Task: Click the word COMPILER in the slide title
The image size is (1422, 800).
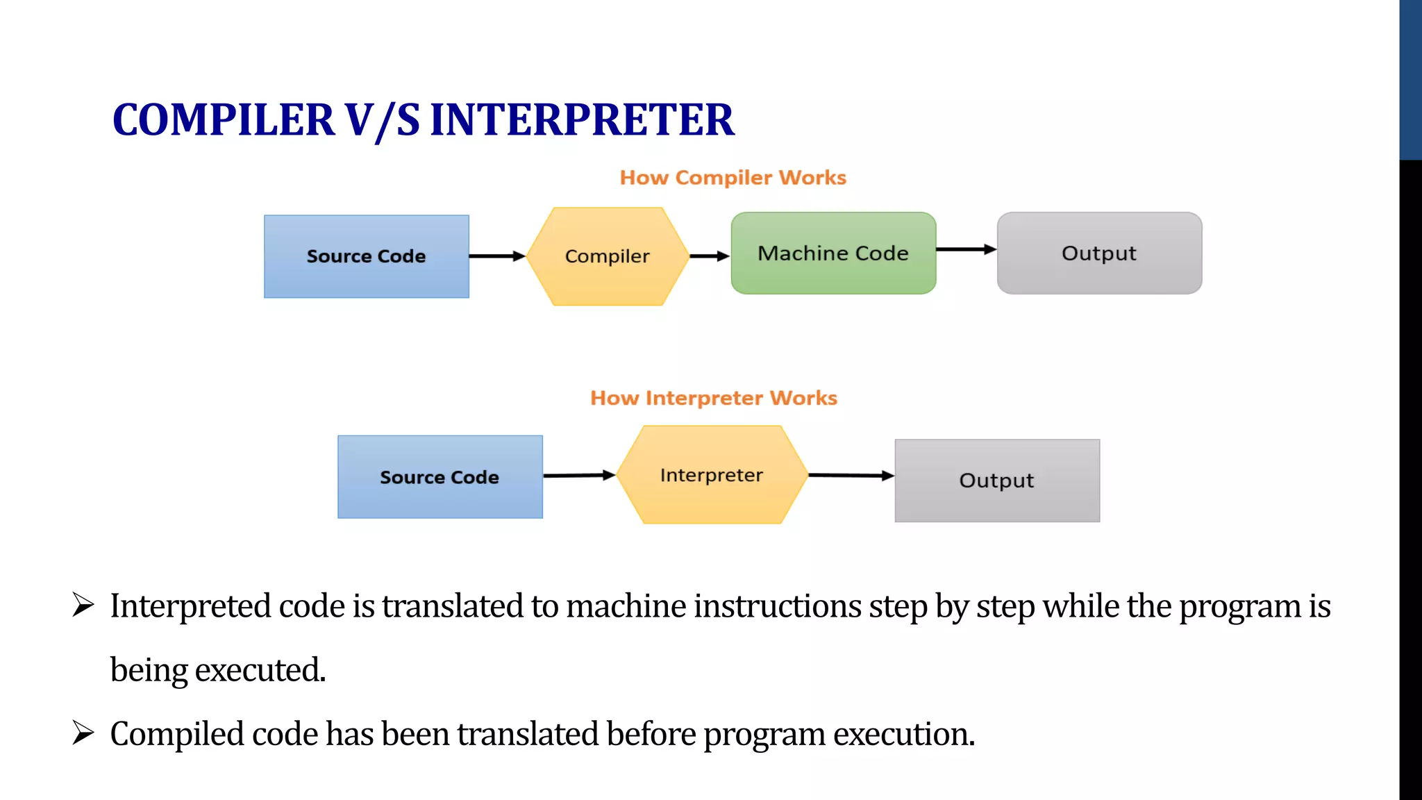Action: point(224,119)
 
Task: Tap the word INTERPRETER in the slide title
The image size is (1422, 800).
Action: point(582,119)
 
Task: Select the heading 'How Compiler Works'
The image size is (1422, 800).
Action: point(733,178)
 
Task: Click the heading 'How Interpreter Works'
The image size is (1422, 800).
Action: point(714,398)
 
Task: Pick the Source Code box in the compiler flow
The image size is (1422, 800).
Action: point(366,256)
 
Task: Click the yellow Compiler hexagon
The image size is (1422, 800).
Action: point(608,256)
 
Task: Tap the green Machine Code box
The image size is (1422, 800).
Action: point(833,253)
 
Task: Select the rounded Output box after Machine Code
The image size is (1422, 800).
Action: point(1099,253)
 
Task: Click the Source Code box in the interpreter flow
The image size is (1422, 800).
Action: point(440,477)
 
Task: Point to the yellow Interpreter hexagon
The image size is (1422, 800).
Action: point(712,475)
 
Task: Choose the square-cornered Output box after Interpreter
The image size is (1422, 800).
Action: point(997,481)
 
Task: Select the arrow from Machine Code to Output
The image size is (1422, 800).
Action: point(966,249)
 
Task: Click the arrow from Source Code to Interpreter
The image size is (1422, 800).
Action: point(579,476)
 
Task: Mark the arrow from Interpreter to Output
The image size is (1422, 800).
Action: point(851,476)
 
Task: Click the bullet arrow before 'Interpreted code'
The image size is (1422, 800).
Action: point(83,605)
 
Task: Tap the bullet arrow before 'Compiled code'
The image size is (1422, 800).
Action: point(83,733)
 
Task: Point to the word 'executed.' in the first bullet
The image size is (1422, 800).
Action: point(260,670)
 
